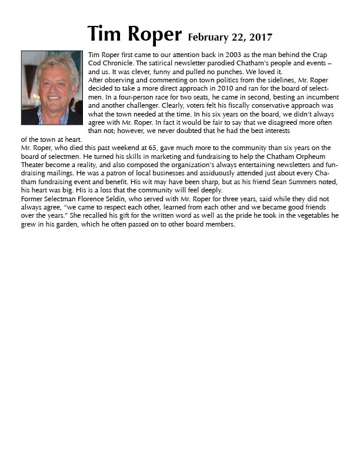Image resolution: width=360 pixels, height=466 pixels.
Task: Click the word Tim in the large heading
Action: click(105, 34)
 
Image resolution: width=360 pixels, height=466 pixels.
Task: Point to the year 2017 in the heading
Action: click(260, 38)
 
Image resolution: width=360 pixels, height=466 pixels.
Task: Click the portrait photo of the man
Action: click(52, 88)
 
